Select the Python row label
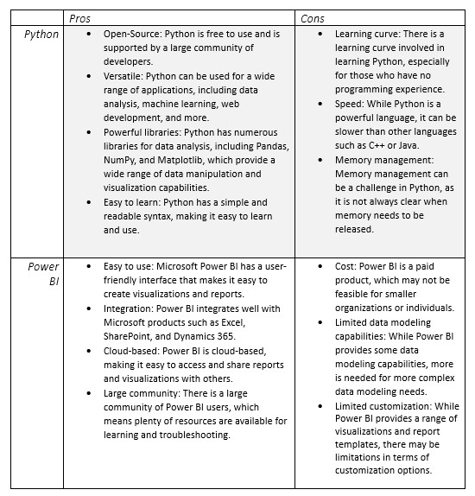(x=41, y=35)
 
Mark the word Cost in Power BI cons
(x=346, y=268)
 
